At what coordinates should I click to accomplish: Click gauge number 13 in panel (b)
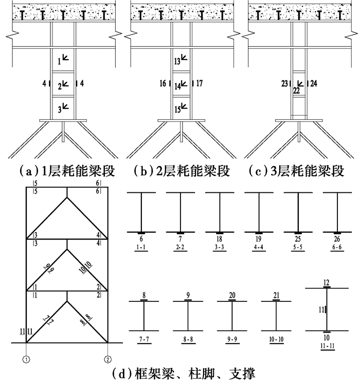pyautogui.click(x=177, y=62)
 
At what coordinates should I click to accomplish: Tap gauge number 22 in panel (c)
pyautogui.click(x=296, y=90)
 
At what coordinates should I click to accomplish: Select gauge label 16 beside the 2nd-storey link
pyautogui.click(x=163, y=84)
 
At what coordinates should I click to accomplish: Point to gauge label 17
pyautogui.click(x=200, y=84)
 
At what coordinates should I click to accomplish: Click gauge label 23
pyautogui.click(x=284, y=84)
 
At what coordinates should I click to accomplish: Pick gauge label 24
pyautogui.click(x=314, y=84)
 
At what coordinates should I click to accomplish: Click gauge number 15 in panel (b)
pyautogui.click(x=177, y=110)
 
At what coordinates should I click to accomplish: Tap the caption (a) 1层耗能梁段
pyautogui.click(x=67, y=171)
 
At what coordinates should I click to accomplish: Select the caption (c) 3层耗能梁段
pyautogui.click(x=296, y=171)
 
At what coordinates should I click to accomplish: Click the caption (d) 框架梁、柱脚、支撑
pyautogui.click(x=184, y=373)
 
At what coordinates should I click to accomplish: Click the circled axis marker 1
pyautogui.click(x=26, y=359)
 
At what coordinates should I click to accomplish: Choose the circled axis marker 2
pyautogui.click(x=107, y=359)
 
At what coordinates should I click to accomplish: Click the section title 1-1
pyautogui.click(x=141, y=247)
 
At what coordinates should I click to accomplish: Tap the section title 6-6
pyautogui.click(x=337, y=247)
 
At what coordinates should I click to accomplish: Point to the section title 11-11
pyautogui.click(x=328, y=346)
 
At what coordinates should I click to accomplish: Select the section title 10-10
pyautogui.click(x=276, y=339)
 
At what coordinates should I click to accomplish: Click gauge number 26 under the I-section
pyautogui.click(x=337, y=239)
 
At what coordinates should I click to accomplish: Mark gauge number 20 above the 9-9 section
pyautogui.click(x=232, y=295)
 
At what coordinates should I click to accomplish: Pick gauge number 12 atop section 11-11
pyautogui.click(x=327, y=283)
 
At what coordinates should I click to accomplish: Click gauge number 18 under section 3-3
pyautogui.click(x=219, y=239)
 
